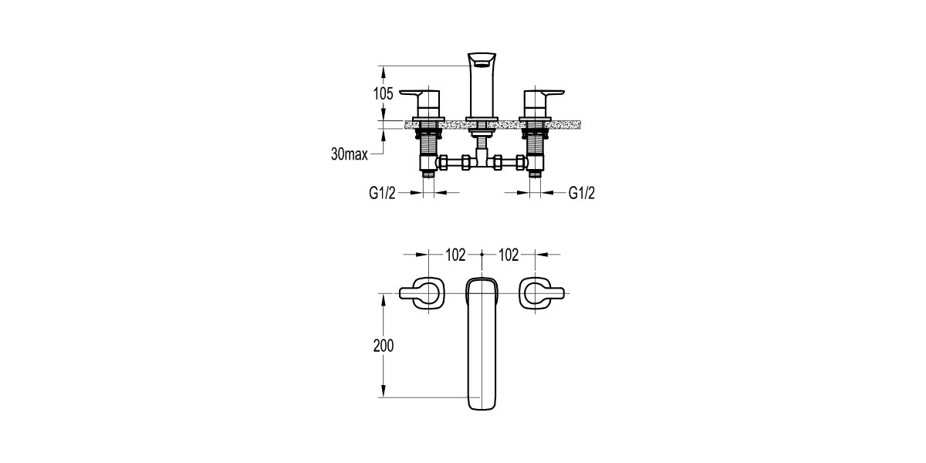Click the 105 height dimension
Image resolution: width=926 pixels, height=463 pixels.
coord(384,94)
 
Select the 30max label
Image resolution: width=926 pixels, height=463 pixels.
coord(350,154)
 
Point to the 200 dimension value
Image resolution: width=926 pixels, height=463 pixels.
coord(384,346)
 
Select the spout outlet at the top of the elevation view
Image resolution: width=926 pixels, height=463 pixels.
coord(481,61)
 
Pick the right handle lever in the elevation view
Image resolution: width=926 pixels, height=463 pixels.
coord(545,95)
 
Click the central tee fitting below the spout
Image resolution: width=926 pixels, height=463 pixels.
coord(481,161)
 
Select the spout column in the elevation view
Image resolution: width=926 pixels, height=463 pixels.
coord(481,93)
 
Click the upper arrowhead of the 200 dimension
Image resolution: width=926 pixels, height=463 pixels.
coord(384,298)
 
